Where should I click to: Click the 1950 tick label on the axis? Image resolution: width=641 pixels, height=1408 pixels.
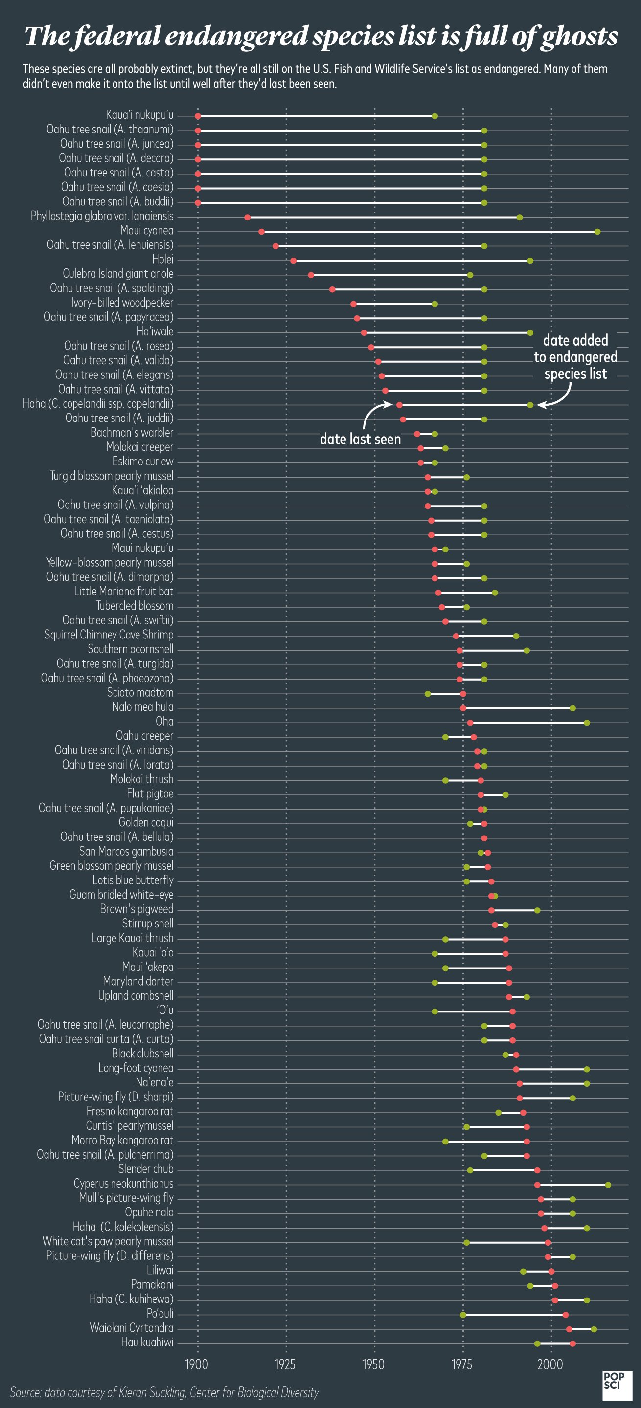[373, 1364]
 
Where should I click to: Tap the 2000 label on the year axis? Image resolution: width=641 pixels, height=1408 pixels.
[550, 1364]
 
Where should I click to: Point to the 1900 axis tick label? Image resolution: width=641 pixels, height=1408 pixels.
[197, 1364]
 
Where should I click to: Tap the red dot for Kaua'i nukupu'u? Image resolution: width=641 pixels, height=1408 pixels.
[198, 116]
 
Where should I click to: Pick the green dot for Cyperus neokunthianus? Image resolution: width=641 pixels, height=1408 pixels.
[608, 1185]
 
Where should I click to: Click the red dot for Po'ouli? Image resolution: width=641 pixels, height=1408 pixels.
[566, 1315]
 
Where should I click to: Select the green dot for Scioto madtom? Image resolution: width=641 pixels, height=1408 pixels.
[428, 694]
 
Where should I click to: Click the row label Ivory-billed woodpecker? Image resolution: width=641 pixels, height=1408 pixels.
[122, 303]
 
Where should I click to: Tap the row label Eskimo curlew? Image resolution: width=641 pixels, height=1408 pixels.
[143, 462]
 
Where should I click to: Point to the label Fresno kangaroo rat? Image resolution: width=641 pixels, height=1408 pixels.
[130, 1111]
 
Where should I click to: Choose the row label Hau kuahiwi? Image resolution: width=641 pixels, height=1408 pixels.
[147, 1342]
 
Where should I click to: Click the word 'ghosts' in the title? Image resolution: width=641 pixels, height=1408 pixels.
[579, 37]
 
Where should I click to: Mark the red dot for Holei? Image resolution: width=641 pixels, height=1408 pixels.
[293, 261]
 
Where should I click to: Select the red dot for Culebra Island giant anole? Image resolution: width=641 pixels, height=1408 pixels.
[311, 275]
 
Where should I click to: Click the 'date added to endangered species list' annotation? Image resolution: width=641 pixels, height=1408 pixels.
[575, 357]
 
